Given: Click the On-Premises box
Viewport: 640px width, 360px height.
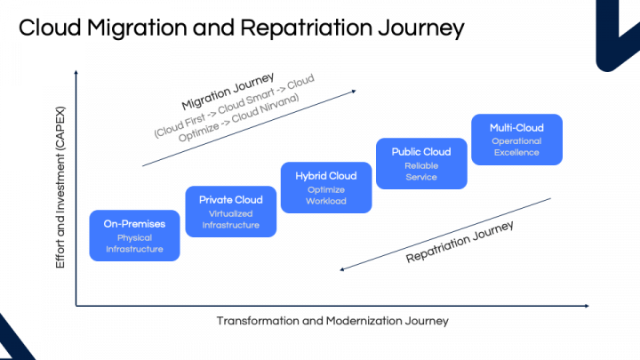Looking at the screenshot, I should click(x=135, y=236).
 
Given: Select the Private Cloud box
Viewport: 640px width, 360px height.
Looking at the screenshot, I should click(x=229, y=212).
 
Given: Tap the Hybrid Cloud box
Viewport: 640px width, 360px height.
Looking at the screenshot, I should click(x=325, y=188).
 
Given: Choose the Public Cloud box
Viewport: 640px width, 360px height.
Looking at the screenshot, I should click(x=420, y=164).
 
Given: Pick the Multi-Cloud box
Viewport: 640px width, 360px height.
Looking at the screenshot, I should click(x=516, y=140).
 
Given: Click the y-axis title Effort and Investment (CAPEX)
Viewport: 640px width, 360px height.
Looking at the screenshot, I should click(x=60, y=188).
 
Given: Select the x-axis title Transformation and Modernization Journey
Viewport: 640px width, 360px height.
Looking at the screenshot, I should click(x=332, y=320).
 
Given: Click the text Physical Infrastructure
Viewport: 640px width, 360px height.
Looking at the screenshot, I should click(x=135, y=244).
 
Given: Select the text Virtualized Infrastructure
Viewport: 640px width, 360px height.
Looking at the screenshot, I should click(x=229, y=220).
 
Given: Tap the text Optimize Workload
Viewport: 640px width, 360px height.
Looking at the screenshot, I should click(x=325, y=196).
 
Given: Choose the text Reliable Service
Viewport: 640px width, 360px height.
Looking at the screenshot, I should click(x=420, y=172).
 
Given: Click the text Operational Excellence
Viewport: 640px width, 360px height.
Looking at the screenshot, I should click(x=516, y=147).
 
